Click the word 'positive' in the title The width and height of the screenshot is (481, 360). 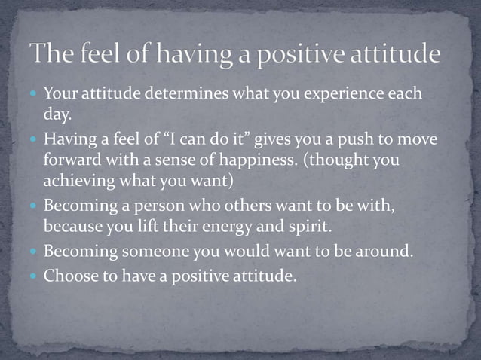tap(303, 54)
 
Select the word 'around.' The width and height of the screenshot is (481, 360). tap(385, 250)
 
